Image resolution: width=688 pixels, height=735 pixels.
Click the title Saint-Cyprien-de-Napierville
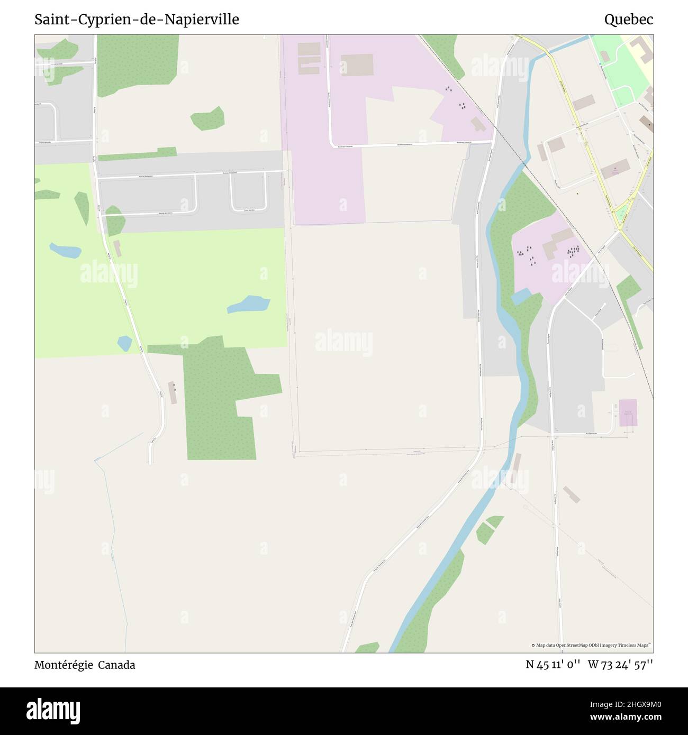(x=137, y=20)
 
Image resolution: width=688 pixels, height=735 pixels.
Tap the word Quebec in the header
(x=628, y=20)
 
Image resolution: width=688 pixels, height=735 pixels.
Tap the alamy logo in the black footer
(x=54, y=710)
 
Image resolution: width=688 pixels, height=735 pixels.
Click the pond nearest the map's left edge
(x=65, y=250)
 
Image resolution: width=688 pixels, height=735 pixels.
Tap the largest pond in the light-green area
(x=249, y=304)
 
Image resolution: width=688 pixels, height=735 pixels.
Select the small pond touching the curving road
(x=124, y=344)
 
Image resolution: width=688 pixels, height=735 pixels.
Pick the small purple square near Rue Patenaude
(x=628, y=412)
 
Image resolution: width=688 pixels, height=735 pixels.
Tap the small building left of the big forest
(x=173, y=392)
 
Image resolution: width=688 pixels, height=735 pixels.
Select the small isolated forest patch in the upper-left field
(x=207, y=119)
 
